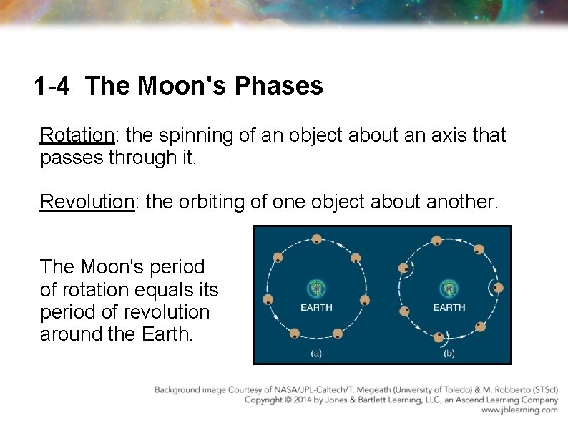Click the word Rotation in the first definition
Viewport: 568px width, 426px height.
coord(77,135)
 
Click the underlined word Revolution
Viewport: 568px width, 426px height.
coord(87,201)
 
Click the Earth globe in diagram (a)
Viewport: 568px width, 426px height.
coord(315,289)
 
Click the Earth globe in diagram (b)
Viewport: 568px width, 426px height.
coord(449,289)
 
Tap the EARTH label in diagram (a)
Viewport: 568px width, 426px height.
coord(315,307)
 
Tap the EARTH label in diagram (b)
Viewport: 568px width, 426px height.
coord(449,307)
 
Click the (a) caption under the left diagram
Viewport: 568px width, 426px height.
coord(315,353)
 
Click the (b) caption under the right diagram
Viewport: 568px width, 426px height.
coord(449,353)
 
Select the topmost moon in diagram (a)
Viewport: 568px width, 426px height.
coord(316,240)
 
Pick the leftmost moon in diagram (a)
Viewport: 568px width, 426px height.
coord(269,299)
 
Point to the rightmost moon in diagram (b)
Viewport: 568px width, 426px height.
coord(498,288)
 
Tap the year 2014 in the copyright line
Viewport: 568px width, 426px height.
coord(301,400)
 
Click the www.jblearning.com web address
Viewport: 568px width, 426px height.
coord(519,410)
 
